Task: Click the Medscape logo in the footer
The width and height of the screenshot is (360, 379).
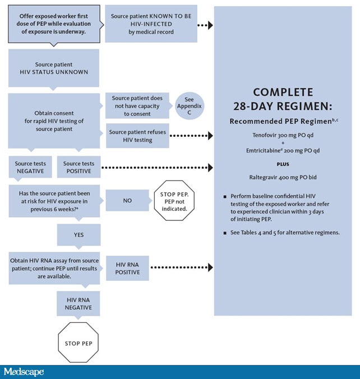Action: click(x=24, y=372)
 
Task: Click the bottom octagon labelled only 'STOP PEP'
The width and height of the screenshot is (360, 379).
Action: click(x=78, y=343)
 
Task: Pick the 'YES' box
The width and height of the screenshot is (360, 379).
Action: click(x=78, y=235)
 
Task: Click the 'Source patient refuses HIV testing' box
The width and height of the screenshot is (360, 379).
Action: click(x=137, y=136)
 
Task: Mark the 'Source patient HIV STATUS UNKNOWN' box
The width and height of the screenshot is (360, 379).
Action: click(x=53, y=69)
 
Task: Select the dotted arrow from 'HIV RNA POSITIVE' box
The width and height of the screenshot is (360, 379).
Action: click(x=183, y=268)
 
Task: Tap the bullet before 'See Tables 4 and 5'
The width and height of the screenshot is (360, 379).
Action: click(x=224, y=233)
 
